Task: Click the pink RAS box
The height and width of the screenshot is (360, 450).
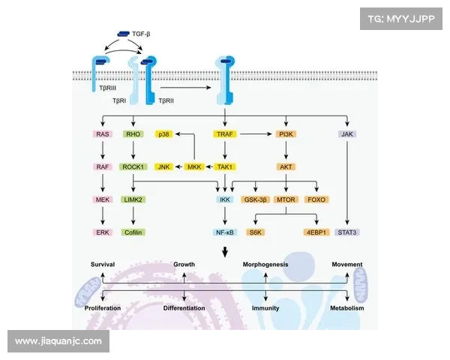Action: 103,134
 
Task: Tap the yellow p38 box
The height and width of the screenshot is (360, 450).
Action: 163,134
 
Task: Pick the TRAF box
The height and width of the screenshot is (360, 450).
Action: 225,134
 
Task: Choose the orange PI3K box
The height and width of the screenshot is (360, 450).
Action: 286,134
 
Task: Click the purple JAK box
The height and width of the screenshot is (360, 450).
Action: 346,134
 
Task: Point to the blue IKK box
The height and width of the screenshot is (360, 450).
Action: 225,199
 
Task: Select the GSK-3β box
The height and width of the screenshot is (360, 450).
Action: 255,199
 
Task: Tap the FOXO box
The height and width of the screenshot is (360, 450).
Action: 316,199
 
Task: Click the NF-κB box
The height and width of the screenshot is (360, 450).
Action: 225,232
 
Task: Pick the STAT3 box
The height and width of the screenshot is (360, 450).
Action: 346,232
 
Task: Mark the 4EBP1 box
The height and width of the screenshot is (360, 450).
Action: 316,232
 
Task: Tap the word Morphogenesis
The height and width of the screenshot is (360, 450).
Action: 265,265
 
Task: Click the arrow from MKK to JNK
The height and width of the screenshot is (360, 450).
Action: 180,166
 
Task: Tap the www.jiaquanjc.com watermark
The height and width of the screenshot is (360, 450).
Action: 58,341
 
